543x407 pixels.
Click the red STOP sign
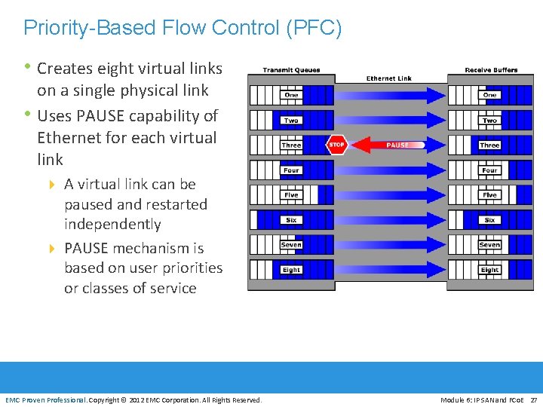[336, 145]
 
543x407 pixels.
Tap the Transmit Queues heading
[291, 70]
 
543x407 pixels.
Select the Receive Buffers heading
[491, 70]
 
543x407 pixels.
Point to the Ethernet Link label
[389, 78]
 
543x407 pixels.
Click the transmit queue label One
[291, 95]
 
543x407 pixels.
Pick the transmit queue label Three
[291, 145]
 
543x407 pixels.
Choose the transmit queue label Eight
[291, 270]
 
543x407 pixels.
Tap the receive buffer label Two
[490, 121]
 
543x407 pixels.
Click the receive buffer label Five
[490, 195]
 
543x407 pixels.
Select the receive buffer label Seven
[490, 245]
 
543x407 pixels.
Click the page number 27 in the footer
[534, 399]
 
